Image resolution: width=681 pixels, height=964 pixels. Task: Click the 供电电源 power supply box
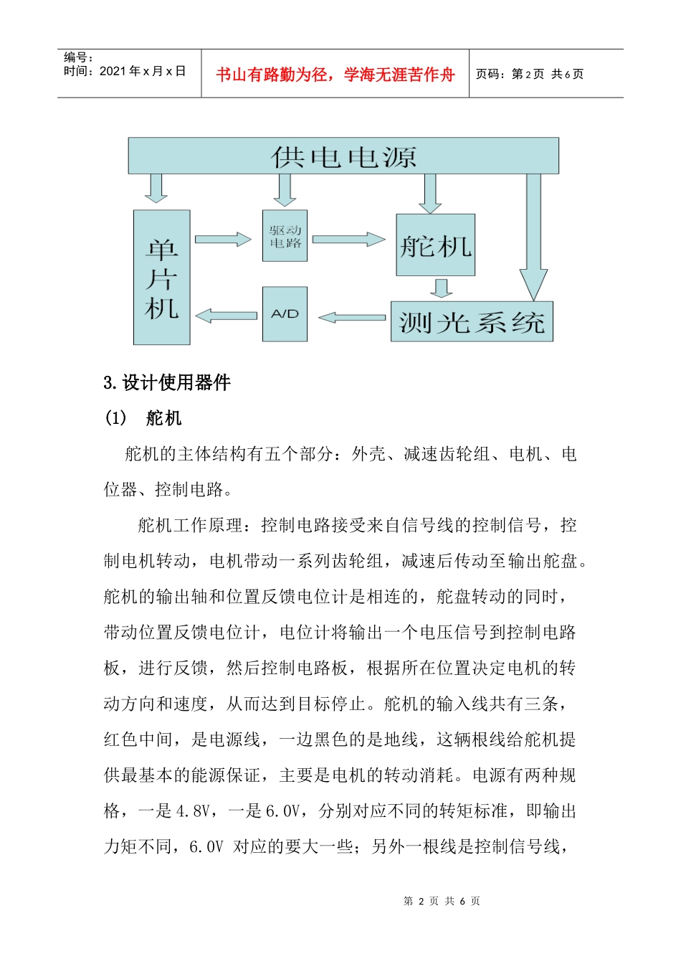click(x=343, y=156)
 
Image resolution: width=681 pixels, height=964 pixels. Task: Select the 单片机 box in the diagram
click(x=161, y=277)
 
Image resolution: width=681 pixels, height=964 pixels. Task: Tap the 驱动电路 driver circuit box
click(x=285, y=235)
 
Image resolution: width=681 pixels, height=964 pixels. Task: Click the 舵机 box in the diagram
click(x=435, y=245)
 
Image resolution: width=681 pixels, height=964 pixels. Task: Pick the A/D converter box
click(x=285, y=314)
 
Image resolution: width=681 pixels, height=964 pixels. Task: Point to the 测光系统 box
click(x=471, y=321)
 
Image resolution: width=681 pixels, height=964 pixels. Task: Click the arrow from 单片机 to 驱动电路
click(x=222, y=239)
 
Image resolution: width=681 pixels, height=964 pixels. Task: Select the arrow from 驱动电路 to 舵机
click(x=348, y=239)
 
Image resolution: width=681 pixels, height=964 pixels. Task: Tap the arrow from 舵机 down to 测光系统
click(x=441, y=288)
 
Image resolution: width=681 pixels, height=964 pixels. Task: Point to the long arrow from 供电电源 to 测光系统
click(x=533, y=237)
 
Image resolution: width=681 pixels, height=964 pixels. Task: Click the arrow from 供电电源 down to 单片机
click(x=156, y=188)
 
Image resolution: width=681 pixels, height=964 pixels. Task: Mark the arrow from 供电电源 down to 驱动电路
click(x=285, y=189)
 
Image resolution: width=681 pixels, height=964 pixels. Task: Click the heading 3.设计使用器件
click(x=167, y=382)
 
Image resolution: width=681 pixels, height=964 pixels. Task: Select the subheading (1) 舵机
click(x=143, y=418)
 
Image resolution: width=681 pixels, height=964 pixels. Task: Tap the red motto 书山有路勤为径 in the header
click(x=335, y=75)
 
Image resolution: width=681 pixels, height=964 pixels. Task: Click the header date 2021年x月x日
click(x=142, y=71)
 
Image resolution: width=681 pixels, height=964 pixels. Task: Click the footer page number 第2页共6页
click(x=442, y=901)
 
